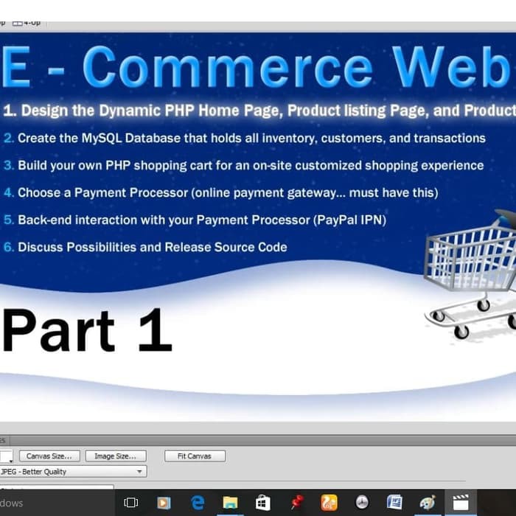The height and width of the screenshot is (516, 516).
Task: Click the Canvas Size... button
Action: [x=49, y=456]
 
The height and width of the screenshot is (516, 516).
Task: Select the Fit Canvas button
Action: [x=195, y=456]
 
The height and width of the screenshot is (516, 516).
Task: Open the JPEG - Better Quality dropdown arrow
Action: [x=139, y=472]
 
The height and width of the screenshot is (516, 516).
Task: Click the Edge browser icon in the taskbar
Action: [x=198, y=503]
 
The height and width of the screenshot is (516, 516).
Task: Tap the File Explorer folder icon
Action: [x=230, y=503]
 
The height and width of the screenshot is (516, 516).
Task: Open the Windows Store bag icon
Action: [x=262, y=503]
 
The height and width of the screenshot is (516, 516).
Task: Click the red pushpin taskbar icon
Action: [x=296, y=503]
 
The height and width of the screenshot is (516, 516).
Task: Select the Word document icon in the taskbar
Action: [x=394, y=503]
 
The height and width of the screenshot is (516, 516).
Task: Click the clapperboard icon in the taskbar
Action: [x=461, y=503]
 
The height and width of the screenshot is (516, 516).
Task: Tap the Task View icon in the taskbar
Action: [x=131, y=503]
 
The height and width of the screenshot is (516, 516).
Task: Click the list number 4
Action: [x=8, y=193]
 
